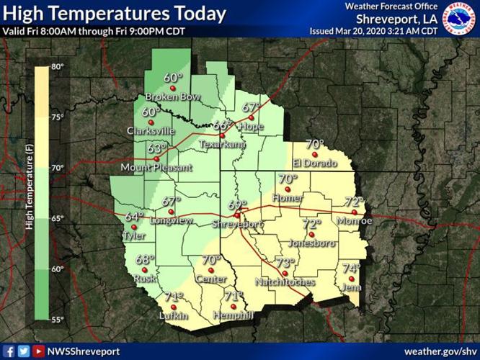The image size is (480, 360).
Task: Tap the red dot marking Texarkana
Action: [x=223, y=135]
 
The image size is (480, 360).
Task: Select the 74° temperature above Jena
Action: [x=351, y=268]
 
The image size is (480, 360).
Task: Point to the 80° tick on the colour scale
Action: [x=58, y=66]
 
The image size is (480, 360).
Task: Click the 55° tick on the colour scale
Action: [x=58, y=318]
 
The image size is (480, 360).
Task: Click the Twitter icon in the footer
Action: [x=23, y=351]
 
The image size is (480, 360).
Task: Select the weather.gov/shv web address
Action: [x=439, y=351]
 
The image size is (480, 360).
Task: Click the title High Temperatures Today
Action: [x=115, y=13]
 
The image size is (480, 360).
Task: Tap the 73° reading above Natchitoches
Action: [x=286, y=263]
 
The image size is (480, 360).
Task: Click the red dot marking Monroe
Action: [x=354, y=212]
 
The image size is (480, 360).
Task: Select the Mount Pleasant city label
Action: [x=156, y=168]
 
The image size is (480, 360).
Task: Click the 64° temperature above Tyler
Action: [x=134, y=217]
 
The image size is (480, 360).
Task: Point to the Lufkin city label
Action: [x=174, y=316]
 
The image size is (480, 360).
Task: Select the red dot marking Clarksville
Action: [x=151, y=122]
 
